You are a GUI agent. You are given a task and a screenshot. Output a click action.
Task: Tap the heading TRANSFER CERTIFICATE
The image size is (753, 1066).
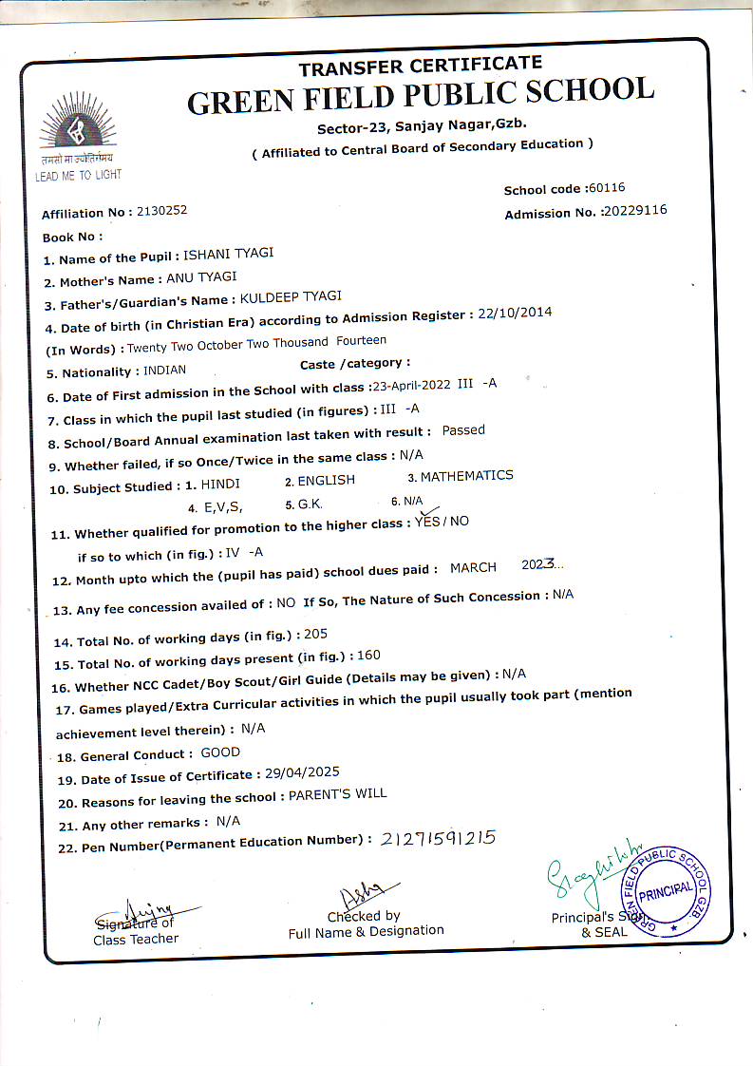tap(420, 67)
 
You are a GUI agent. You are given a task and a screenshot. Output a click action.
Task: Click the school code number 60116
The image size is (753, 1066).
tap(606, 188)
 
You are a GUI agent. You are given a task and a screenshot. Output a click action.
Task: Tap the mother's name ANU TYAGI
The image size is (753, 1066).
tap(201, 278)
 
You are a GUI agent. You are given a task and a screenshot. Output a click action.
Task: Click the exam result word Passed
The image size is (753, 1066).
tap(463, 430)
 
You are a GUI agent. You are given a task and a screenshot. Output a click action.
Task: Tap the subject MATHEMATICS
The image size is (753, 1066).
tap(466, 476)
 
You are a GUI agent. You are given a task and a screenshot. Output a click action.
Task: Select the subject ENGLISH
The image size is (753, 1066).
tap(326, 481)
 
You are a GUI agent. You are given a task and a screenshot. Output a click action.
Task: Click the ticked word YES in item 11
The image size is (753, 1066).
tap(427, 523)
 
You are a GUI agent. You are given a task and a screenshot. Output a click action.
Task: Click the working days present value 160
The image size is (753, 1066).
tap(368, 655)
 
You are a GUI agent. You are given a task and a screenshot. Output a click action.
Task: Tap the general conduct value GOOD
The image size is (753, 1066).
tap(220, 752)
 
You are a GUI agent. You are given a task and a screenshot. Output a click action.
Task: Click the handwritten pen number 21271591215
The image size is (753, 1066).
tap(438, 838)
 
